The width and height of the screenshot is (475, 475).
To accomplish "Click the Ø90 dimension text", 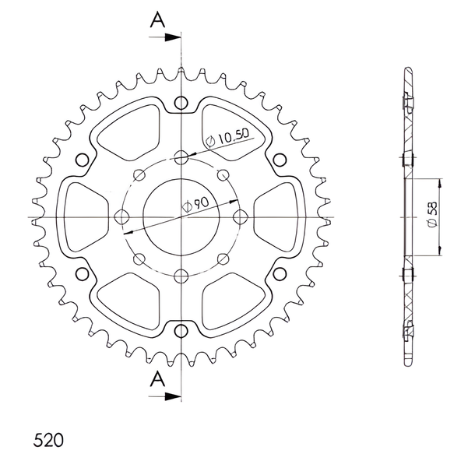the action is [195, 205].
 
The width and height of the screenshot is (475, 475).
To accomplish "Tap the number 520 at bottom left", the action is [48, 440].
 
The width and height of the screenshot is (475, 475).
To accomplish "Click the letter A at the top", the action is [157, 20].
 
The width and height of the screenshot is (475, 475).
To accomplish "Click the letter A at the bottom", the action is [157, 379].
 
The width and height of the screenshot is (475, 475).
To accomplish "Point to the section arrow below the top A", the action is [164, 37].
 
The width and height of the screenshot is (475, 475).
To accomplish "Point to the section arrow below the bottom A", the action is [164, 396].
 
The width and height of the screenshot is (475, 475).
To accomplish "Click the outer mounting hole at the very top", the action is [181, 102].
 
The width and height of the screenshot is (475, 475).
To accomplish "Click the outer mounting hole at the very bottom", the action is [181, 331].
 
